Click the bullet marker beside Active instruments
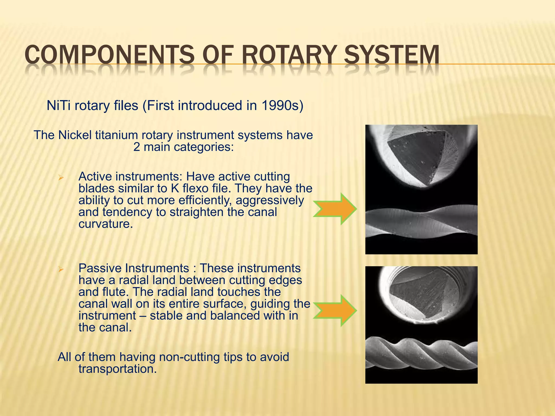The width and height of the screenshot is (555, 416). coord(61,178)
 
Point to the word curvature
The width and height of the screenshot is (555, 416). coord(105,224)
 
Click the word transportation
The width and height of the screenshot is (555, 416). coord(118,369)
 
